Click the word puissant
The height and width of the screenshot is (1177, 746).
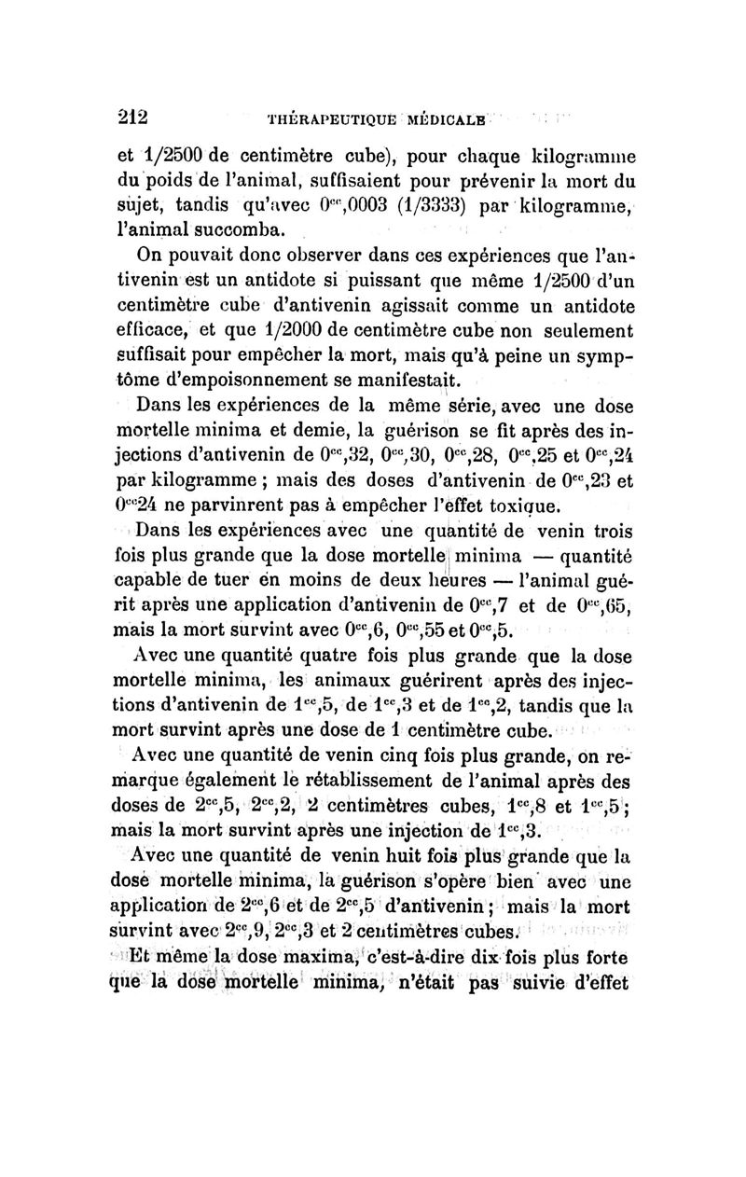363,280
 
